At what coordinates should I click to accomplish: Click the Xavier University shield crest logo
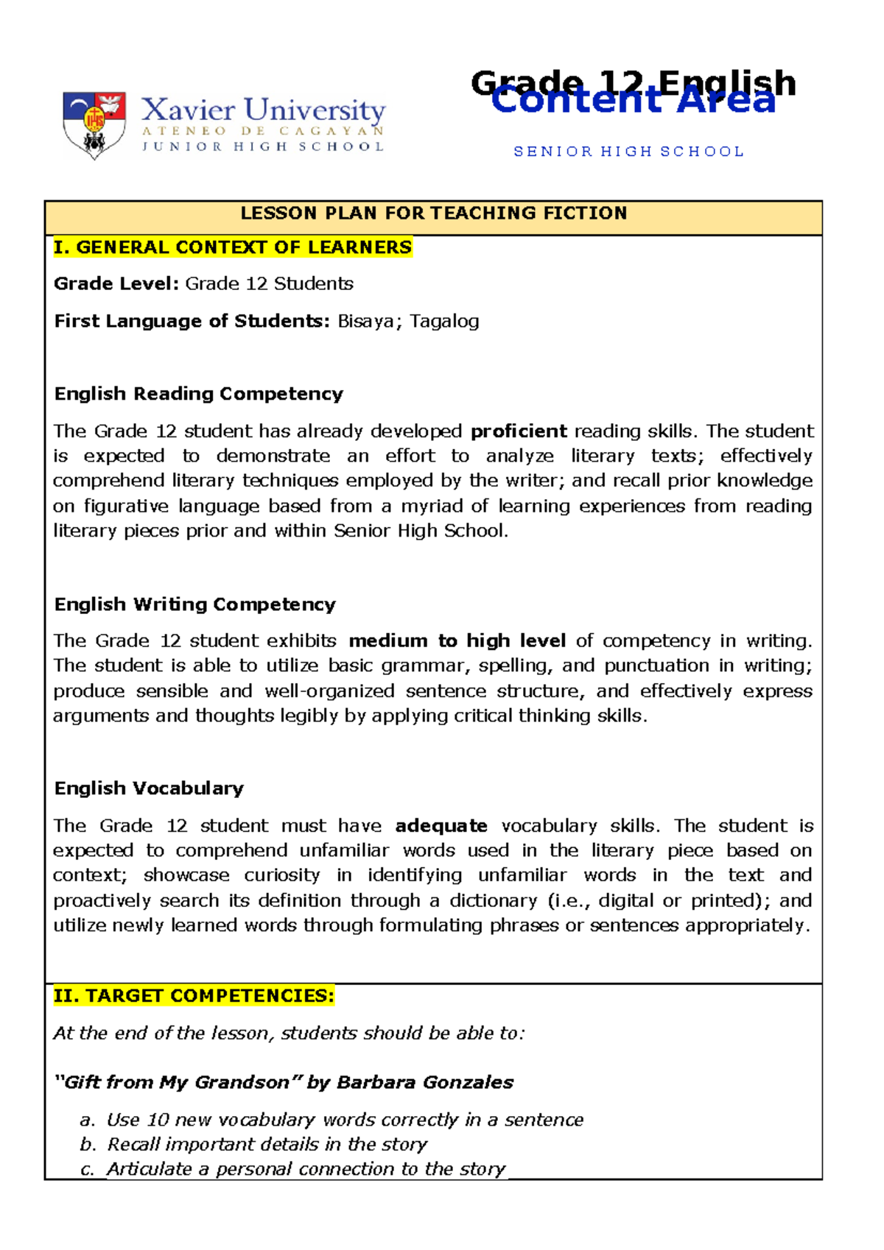coord(94,124)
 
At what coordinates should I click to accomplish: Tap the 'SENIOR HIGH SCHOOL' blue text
coord(628,152)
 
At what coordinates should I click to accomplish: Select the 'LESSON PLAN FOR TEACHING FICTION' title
coord(433,213)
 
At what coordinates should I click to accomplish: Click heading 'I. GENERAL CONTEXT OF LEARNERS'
coord(232,247)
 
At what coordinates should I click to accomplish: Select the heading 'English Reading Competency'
coord(199,394)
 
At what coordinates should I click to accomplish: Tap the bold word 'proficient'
coord(519,431)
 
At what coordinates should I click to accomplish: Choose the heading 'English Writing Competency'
coord(194,604)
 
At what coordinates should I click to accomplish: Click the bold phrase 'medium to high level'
coord(457,640)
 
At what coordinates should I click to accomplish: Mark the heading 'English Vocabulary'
coord(149,788)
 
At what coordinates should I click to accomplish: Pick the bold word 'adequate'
coord(441,826)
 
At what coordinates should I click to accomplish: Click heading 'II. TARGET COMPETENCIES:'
coord(194,996)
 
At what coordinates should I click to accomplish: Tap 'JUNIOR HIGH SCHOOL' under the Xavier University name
coord(263,146)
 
